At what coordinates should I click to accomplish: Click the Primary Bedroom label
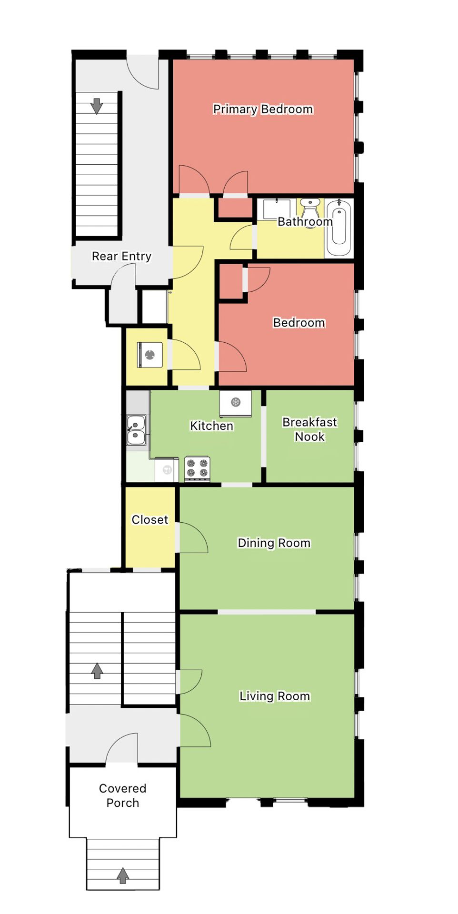(263, 109)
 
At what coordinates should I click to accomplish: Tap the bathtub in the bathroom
(339, 228)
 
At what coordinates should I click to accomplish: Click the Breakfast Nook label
(309, 429)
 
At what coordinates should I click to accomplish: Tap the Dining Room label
(274, 543)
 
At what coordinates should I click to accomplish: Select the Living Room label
(274, 696)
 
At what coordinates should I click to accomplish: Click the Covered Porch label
(122, 795)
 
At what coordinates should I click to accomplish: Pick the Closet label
(149, 520)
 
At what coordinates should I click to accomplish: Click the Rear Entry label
(121, 257)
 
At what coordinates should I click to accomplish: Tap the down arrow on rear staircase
(97, 106)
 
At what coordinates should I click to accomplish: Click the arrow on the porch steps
(123, 875)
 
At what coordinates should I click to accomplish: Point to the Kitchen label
(211, 426)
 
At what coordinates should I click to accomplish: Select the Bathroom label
(305, 222)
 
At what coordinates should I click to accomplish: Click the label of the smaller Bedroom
(299, 323)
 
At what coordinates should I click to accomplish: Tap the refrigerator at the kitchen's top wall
(236, 403)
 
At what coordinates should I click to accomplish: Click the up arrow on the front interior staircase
(97, 671)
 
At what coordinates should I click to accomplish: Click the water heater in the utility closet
(150, 355)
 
